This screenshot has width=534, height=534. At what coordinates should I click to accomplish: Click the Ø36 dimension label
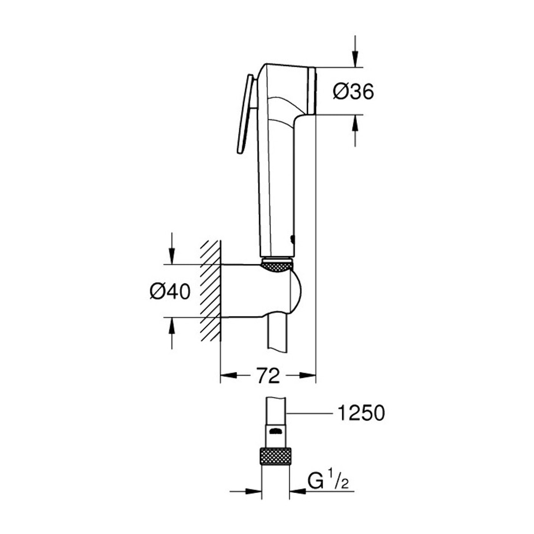click(353, 92)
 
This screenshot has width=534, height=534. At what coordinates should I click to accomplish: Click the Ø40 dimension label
click(170, 292)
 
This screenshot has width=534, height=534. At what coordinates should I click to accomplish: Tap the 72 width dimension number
click(268, 376)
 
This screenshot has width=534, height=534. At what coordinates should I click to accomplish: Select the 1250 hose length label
click(360, 413)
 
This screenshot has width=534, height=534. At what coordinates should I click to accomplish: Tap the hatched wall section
click(210, 291)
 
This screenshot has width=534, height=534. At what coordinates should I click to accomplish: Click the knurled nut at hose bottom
click(275, 456)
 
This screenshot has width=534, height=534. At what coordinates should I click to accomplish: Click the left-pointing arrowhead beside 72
click(229, 376)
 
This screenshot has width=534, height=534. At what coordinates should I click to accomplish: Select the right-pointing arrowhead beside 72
click(307, 376)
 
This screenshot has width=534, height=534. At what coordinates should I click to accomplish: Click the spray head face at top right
click(311, 91)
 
